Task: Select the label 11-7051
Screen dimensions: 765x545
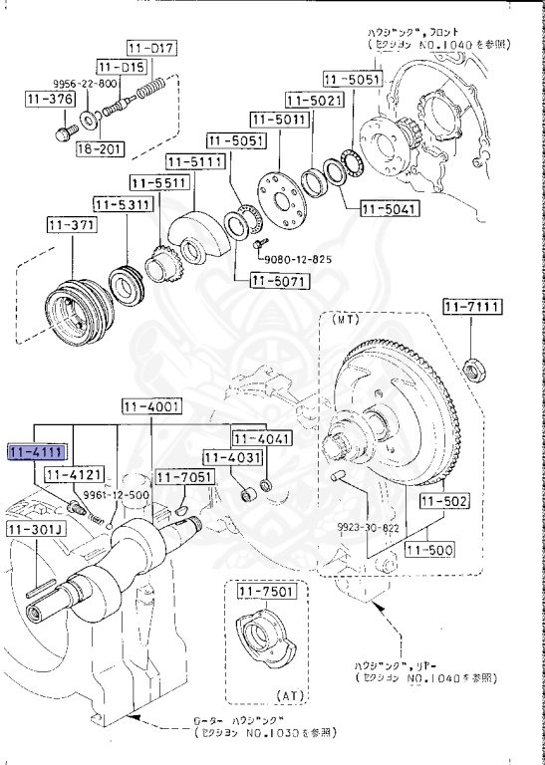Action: tap(185, 478)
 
